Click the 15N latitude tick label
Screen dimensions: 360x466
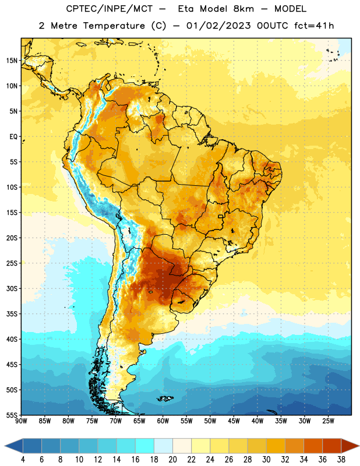[x=12, y=61]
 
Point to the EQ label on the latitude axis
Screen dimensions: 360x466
[x=13, y=137]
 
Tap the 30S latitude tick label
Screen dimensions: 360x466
[x=12, y=288]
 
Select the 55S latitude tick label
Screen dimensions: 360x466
[x=12, y=415]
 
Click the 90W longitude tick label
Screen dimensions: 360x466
[x=21, y=421]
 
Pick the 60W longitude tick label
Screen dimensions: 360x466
[x=163, y=421]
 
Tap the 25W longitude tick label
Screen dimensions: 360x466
[x=328, y=421]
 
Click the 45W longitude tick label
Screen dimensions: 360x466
[x=234, y=421]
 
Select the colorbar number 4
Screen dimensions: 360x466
[x=23, y=460]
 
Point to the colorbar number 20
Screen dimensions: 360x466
[x=172, y=460]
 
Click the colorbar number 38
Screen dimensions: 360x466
[x=341, y=460]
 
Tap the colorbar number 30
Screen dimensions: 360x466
[x=266, y=460]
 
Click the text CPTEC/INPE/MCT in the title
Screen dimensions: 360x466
[x=110, y=9]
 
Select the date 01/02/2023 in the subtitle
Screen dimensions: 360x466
[x=218, y=26]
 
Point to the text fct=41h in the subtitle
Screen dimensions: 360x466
[x=314, y=26]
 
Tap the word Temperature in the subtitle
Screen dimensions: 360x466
[x=114, y=26]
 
